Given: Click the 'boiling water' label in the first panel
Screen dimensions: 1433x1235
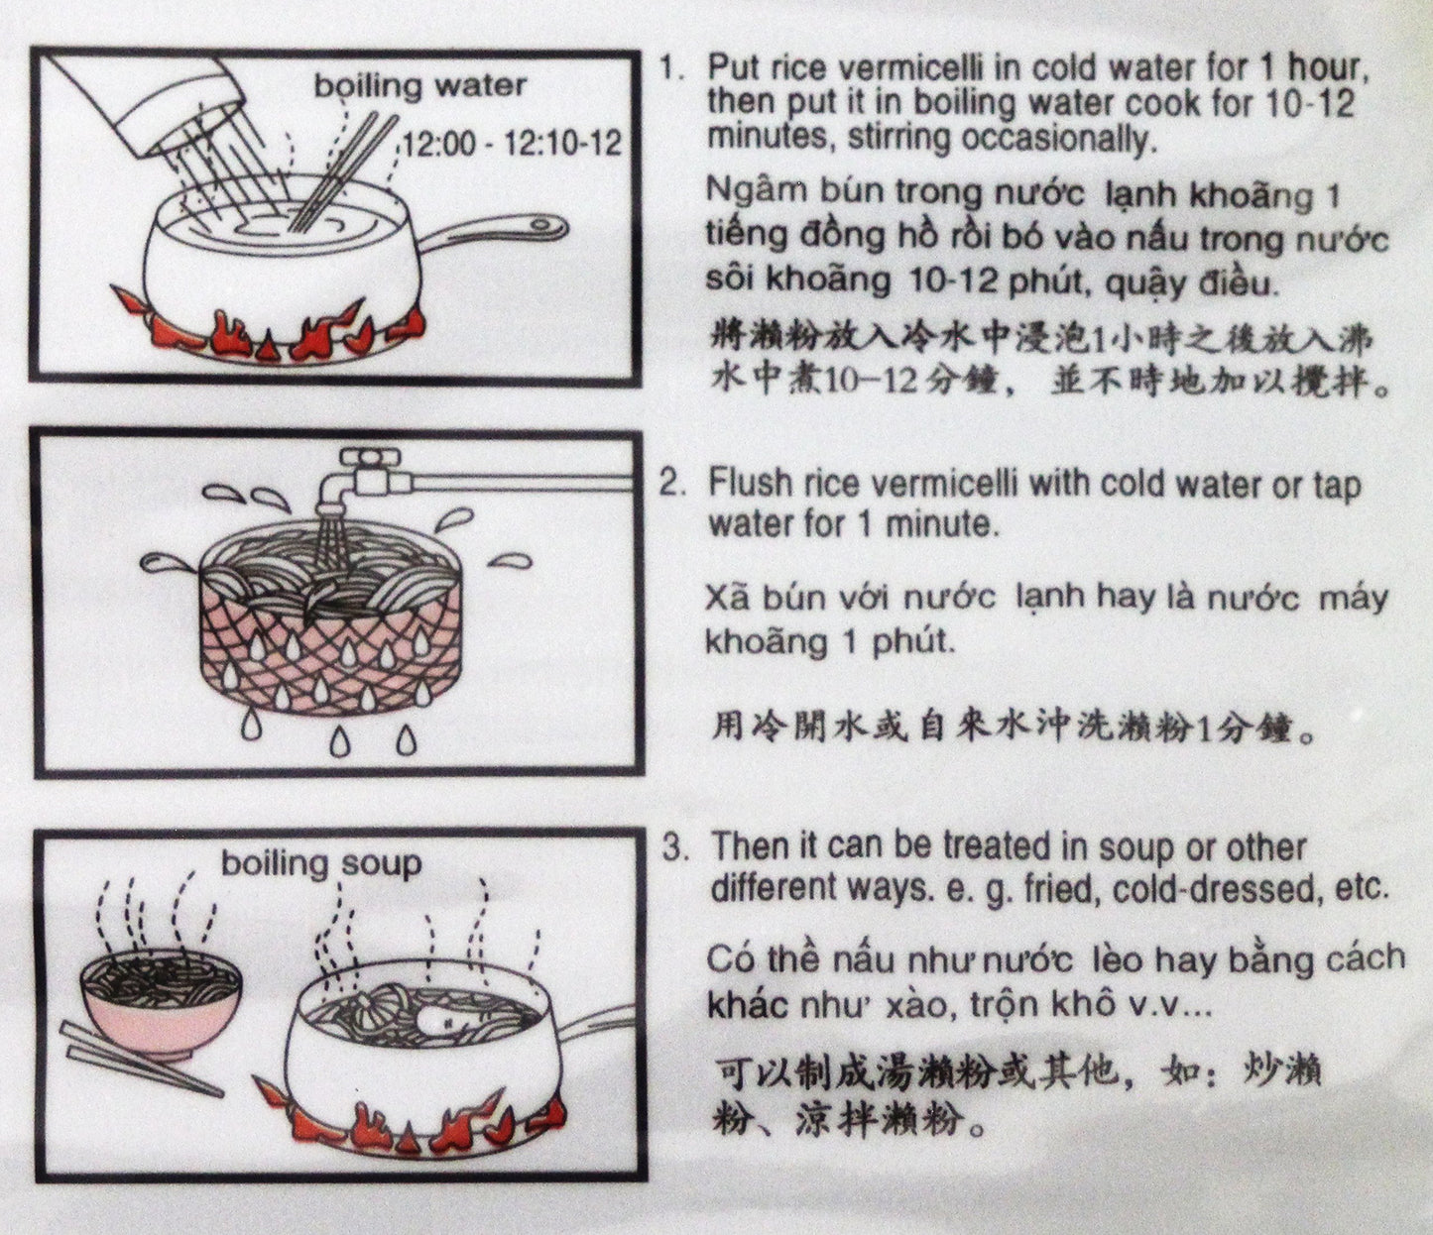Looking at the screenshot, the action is click(420, 86).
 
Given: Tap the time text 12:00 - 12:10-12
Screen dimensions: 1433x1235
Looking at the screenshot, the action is click(512, 144).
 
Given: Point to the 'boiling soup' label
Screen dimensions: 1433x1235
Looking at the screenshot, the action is click(321, 864).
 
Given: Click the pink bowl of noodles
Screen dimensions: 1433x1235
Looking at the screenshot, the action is click(161, 1004).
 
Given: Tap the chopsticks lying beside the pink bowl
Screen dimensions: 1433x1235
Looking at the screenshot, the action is click(139, 1060).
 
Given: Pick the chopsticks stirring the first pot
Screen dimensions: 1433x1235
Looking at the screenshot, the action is click(340, 173).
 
